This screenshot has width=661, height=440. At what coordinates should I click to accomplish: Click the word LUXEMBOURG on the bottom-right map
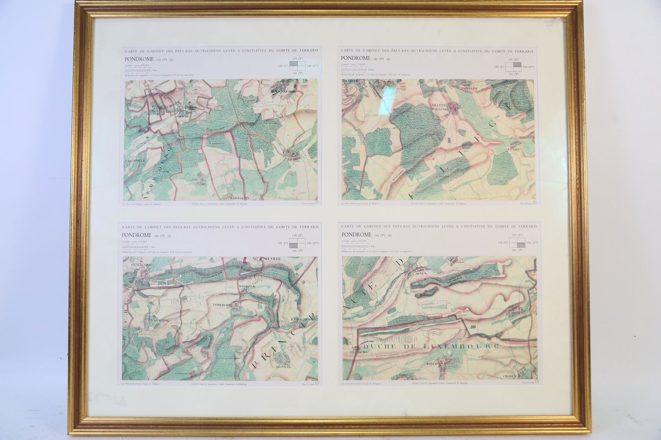click(466, 346)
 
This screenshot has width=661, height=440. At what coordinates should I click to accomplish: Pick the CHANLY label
click(511, 376)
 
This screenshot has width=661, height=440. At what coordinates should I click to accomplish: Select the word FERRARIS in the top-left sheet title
click(307, 50)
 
